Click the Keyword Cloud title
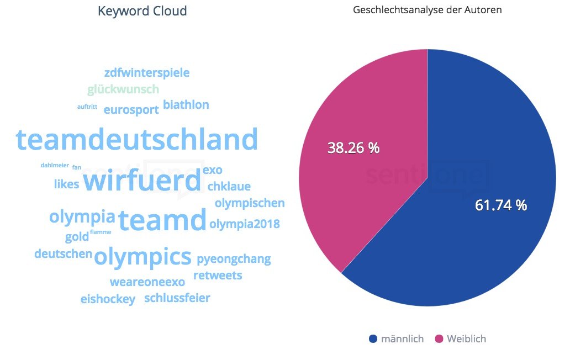142,11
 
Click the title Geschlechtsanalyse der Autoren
427,10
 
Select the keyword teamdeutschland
137,140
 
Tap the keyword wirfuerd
142,181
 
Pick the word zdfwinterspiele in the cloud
146,72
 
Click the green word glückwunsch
123,89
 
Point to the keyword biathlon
186,105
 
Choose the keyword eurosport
131,109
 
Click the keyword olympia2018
244,224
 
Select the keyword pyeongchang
234,258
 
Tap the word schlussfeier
177,298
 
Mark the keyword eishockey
108,299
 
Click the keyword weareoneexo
147,282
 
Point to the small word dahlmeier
54,165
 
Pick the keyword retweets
218,275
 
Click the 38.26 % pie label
353,148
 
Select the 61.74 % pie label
501,205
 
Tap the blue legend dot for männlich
373,338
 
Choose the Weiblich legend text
466,338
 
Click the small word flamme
101,232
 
